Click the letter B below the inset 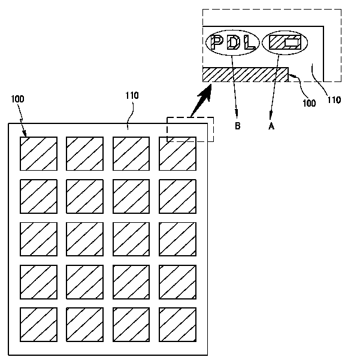coord(238,126)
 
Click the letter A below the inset coord(271,126)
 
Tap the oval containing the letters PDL coord(232,43)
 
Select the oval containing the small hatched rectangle coord(285,43)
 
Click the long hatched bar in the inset coord(245,74)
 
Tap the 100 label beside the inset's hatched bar coord(309,103)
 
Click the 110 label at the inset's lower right coord(334,100)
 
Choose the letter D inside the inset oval coord(233,43)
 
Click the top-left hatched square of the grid coord(38,154)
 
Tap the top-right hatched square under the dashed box coord(177,154)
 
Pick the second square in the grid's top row coord(84,154)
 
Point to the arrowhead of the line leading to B coord(238,114)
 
